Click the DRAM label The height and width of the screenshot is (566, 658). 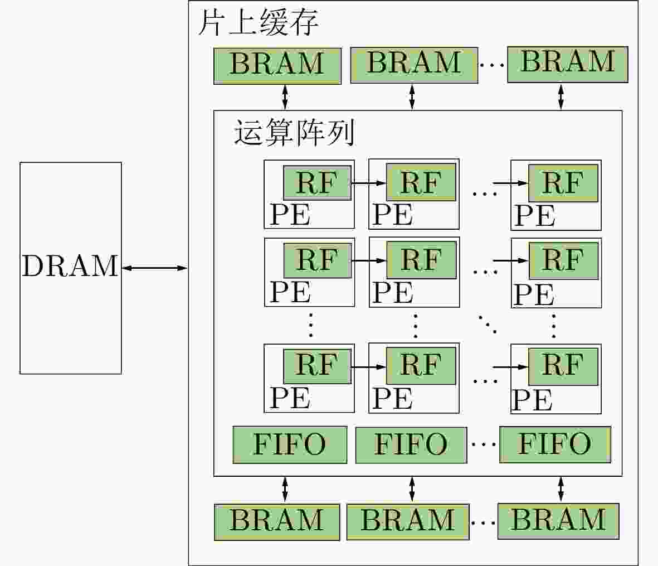click(x=70, y=266)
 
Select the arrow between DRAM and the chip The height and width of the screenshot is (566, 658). click(x=154, y=268)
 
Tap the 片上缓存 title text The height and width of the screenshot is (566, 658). click(x=258, y=22)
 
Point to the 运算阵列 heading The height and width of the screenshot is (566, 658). click(x=294, y=132)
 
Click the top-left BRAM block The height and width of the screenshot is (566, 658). click(x=277, y=66)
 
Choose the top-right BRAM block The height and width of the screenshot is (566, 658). click(x=568, y=65)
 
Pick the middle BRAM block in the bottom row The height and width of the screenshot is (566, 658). click(x=408, y=522)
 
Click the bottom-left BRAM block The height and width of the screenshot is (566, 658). click(x=277, y=522)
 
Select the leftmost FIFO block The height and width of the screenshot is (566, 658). click(x=290, y=444)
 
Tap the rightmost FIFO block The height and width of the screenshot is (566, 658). click(x=555, y=444)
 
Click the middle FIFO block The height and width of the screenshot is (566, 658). click(x=411, y=445)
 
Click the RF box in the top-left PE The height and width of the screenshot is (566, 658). click(x=317, y=183)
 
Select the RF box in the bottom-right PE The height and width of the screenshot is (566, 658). click(x=563, y=366)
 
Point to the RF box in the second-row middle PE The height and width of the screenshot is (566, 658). click(x=421, y=260)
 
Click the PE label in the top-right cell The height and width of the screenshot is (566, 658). click(x=535, y=216)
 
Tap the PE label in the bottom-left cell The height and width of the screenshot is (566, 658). click(x=290, y=398)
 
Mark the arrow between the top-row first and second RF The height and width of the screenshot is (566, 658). click(x=368, y=183)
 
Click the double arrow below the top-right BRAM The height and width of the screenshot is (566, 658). click(x=561, y=97)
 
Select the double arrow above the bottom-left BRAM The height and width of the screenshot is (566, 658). click(x=285, y=490)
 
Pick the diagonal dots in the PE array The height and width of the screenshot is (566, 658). click(x=488, y=324)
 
